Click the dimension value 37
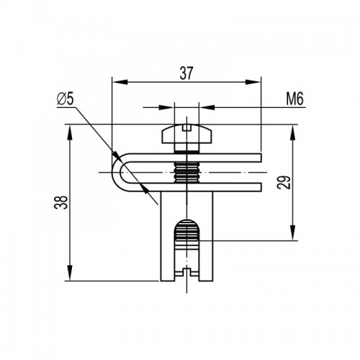pos(186,73)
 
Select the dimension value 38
pos(61,202)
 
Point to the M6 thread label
pos(295,99)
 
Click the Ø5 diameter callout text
pos(65,99)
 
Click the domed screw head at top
pos(186,135)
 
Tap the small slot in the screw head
pos(186,128)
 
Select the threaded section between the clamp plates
pos(186,172)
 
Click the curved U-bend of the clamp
pos(117,172)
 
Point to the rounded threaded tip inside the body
pos(187,230)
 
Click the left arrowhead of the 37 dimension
pos(120,82)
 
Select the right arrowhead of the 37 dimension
pos(253,82)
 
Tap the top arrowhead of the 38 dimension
pos(70,132)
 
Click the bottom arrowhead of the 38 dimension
pos(70,273)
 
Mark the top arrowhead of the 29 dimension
pos(293,132)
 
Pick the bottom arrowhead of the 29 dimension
pos(293,233)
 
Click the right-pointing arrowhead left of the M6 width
pos(166,107)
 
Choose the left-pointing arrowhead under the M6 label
pos(207,107)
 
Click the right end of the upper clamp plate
pos(261,158)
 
